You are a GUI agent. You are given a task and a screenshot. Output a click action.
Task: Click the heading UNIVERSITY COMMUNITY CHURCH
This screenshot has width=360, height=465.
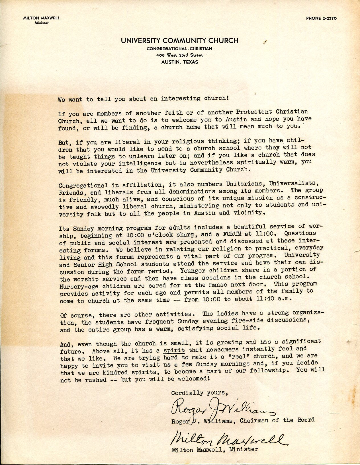tap(179, 41)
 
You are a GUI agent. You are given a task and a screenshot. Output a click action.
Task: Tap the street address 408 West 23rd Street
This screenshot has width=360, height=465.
tap(179, 55)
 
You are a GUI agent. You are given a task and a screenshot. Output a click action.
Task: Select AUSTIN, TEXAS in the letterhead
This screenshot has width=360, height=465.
tap(179, 62)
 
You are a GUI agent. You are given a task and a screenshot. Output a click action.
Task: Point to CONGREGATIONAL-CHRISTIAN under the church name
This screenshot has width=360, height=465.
tap(179, 49)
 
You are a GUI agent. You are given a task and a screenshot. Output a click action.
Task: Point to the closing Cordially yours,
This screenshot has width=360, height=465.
tap(199, 393)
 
